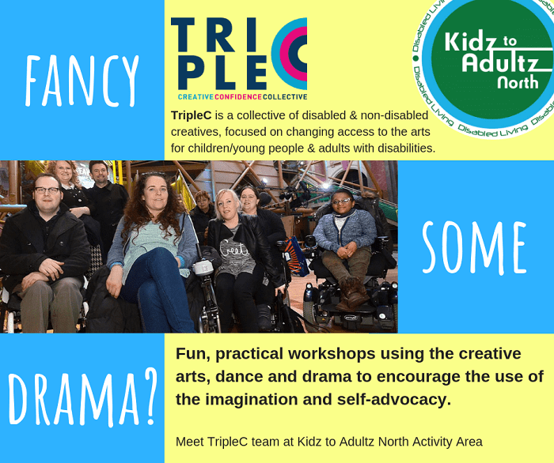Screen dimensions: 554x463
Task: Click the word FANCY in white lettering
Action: [82, 81]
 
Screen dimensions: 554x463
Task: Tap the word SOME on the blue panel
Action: [475, 248]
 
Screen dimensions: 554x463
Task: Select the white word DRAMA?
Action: [82, 397]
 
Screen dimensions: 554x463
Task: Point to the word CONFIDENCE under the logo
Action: [238, 97]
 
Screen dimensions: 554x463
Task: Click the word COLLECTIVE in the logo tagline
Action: [285, 97]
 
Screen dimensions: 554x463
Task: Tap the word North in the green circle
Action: [518, 82]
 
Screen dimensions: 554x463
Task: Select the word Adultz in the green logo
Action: [500, 62]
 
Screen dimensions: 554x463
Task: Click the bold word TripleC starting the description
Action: [192, 115]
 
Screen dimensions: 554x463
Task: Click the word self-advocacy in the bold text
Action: [394, 400]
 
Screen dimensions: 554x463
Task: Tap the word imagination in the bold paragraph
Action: [268, 400]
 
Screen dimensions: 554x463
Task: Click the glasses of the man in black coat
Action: [47, 190]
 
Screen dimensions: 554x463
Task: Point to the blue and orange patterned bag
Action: [296, 256]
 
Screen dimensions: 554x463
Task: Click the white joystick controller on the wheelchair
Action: [203, 266]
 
